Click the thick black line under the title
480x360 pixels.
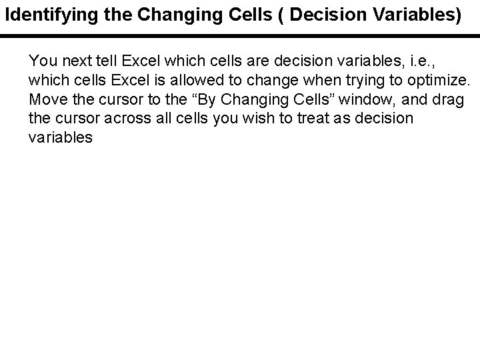click(240, 35)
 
